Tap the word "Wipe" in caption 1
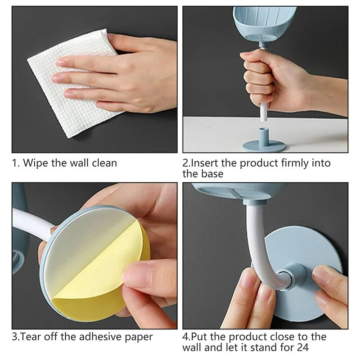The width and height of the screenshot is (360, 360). [36, 163]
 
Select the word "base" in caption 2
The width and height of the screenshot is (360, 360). [212, 174]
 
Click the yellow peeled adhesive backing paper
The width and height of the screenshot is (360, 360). [103, 271]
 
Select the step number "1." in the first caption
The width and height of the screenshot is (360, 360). [16, 163]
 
